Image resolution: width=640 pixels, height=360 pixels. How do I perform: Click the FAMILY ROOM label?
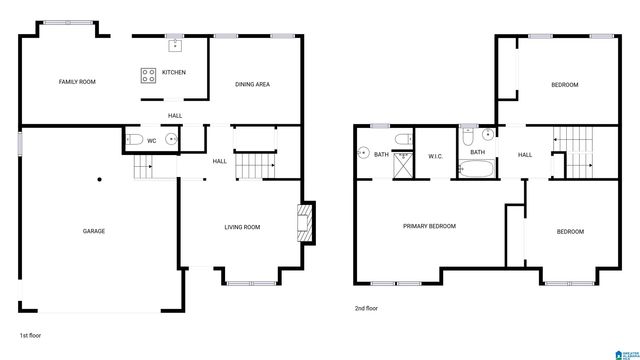(x=77, y=82)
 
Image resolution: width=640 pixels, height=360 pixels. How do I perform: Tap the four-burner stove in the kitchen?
(x=149, y=73)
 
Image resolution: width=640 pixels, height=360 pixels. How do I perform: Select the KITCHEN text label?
(x=174, y=72)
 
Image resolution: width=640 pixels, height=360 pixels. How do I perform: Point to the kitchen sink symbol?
(x=175, y=44)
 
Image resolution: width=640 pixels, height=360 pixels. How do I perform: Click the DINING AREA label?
(x=252, y=84)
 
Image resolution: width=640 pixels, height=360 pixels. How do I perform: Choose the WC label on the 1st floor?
(x=151, y=141)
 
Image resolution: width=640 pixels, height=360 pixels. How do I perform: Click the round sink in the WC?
(x=170, y=140)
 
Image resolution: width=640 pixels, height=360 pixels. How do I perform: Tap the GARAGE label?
(x=94, y=231)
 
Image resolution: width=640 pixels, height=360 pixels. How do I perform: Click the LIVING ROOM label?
(x=242, y=228)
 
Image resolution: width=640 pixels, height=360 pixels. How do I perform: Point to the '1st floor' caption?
(x=31, y=335)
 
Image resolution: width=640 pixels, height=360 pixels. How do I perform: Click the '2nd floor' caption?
(x=367, y=308)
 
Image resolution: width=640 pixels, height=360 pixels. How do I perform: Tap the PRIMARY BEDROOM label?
(x=429, y=226)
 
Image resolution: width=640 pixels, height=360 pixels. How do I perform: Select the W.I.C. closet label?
(x=435, y=155)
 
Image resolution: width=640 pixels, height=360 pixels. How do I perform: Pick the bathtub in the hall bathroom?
(x=477, y=167)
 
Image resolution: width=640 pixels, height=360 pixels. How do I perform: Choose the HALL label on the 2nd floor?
(x=524, y=155)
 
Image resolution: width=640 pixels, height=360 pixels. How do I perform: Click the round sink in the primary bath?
(x=362, y=154)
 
